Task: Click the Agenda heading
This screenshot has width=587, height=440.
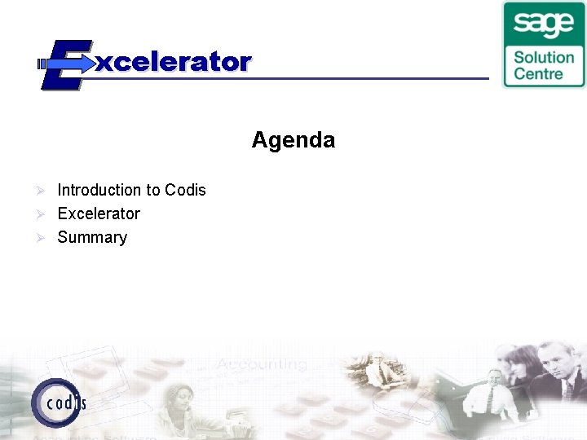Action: [293, 140]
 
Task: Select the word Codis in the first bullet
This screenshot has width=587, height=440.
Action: [185, 190]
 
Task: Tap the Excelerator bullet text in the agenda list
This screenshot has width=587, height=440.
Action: [99, 213]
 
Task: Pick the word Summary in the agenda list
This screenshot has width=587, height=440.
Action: [92, 237]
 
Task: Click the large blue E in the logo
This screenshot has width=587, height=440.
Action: [64, 64]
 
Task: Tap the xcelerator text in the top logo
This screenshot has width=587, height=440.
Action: [173, 62]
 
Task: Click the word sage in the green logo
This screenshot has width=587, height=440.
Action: [544, 24]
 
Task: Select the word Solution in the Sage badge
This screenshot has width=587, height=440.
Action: [544, 57]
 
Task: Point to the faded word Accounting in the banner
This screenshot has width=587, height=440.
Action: [261, 364]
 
